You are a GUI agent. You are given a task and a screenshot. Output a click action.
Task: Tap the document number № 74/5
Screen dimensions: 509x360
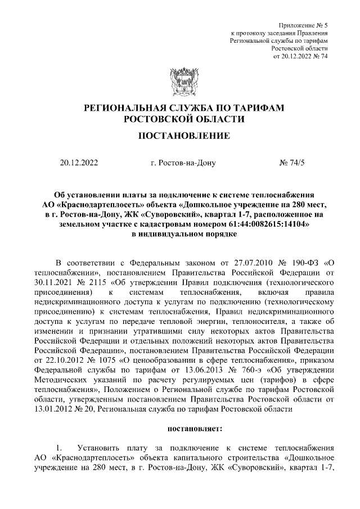[291, 164]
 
